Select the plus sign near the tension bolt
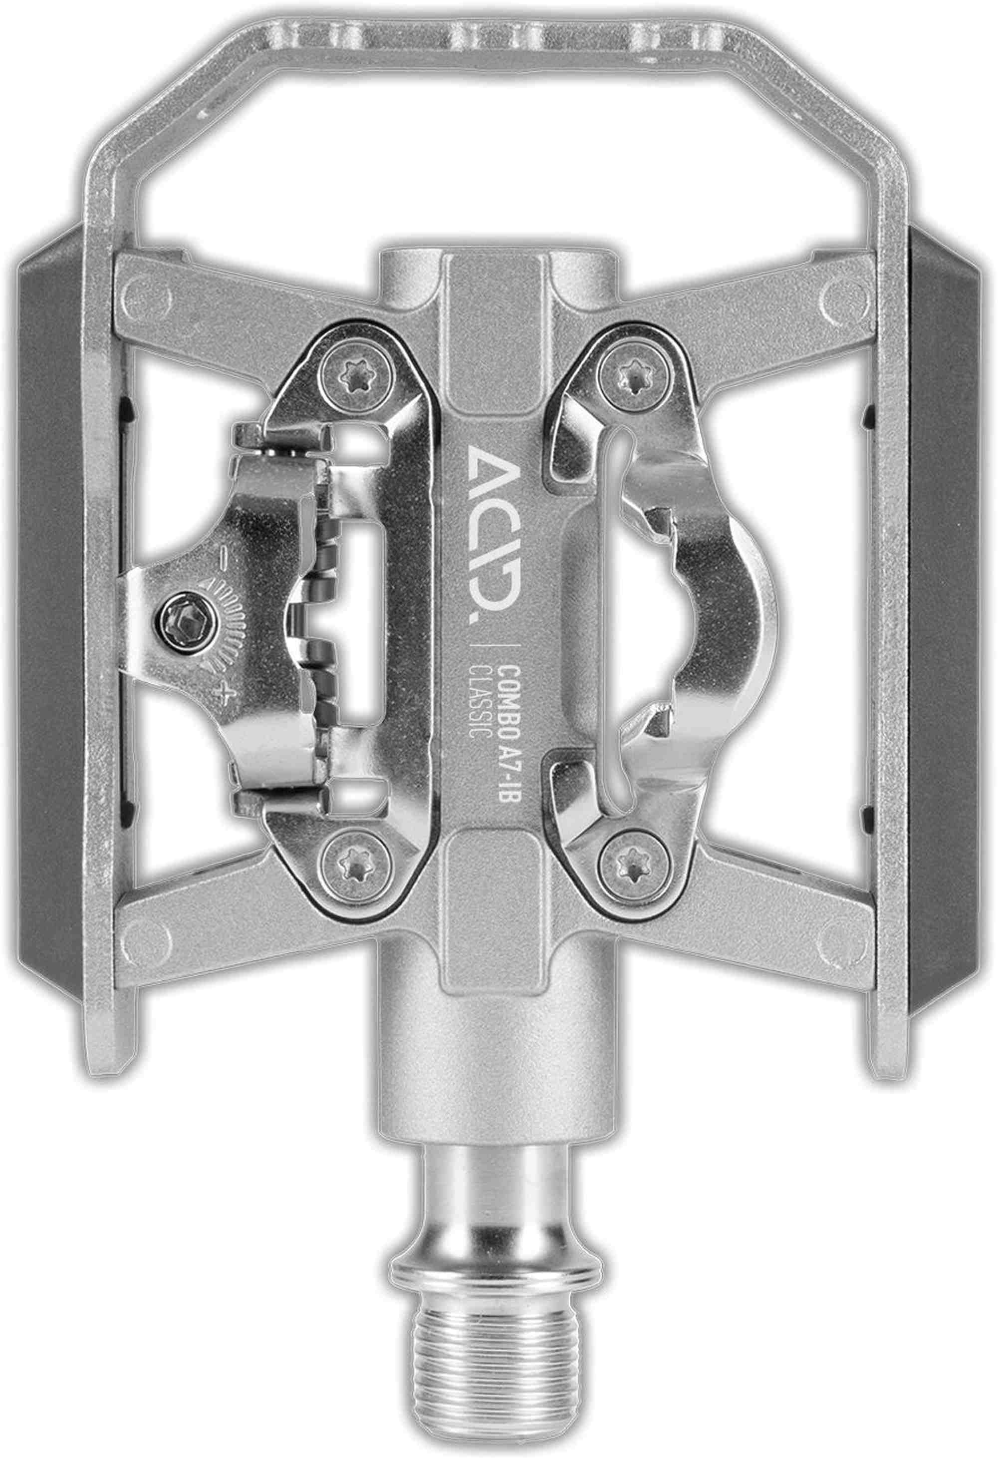pyautogui.click(x=221, y=695)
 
